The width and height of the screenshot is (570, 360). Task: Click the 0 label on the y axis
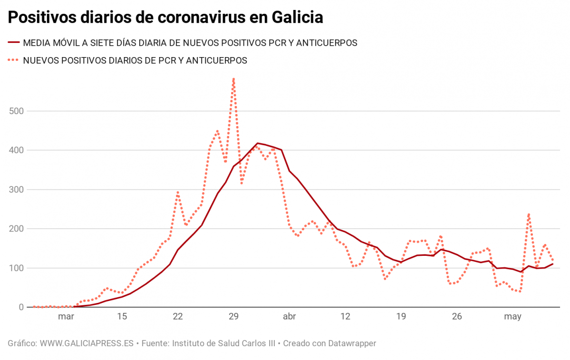[21, 307]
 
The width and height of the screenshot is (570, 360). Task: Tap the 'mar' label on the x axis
[66, 317]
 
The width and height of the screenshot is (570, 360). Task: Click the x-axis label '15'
[122, 317]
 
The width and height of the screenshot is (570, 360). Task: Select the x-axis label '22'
[178, 317]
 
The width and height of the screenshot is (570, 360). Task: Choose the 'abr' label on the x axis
[290, 317]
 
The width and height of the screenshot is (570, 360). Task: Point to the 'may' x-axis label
[513, 317]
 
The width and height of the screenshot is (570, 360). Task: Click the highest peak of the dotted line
[233, 79]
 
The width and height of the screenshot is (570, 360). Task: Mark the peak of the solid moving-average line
[257, 143]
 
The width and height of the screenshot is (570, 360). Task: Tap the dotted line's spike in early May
[529, 214]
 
